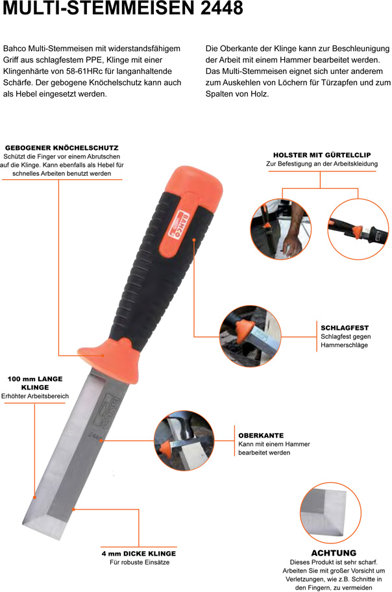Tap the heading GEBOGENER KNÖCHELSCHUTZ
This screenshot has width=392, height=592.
pyautogui.click(x=62, y=147)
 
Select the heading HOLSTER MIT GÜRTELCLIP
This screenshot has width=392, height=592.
pyautogui.click(x=322, y=154)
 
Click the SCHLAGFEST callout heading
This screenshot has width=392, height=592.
pyautogui.click(x=345, y=328)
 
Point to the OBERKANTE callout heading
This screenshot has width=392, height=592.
pyautogui.click(x=261, y=436)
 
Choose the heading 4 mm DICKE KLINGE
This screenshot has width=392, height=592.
pyautogui.click(x=139, y=554)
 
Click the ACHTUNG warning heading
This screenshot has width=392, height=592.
pyautogui.click(x=334, y=553)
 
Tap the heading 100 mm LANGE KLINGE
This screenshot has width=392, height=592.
pyautogui.click(x=35, y=383)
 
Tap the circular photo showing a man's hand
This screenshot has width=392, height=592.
pyautogui.click(x=280, y=229)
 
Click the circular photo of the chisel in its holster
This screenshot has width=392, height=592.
pyautogui.click(x=358, y=229)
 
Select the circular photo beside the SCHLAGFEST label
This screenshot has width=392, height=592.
pyautogui.click(x=251, y=336)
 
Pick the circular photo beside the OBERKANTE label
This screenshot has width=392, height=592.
pyautogui.click(x=184, y=441)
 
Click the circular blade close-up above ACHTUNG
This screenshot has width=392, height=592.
pyautogui.click(x=331, y=512)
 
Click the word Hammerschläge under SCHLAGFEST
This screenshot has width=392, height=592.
pyautogui.click(x=344, y=345)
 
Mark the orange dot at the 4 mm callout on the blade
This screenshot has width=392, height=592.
pyautogui.click(x=73, y=510)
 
